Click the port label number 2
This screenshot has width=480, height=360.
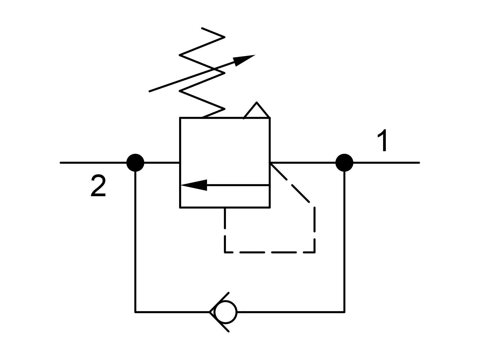tap(98, 185)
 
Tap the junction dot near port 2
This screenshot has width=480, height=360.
tap(135, 163)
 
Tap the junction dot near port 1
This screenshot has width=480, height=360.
tap(344, 163)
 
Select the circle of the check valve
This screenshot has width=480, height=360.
tap(226, 312)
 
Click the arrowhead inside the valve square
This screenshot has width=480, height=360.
tap(194, 185)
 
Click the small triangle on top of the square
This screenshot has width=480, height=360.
tap(256, 110)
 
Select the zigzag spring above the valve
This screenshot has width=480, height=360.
tap(202, 73)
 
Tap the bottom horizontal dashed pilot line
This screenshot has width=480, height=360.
tap(270, 253)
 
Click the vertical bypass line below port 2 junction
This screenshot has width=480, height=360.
tap(135, 241)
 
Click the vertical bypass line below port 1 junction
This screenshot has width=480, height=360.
tap(344, 241)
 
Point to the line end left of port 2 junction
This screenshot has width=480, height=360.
tap(61, 163)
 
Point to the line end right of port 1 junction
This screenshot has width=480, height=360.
tap(419, 163)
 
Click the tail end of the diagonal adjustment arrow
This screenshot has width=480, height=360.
tap(150, 91)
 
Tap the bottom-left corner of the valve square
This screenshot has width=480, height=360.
tap(180, 207)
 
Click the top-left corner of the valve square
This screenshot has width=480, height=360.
tap(180, 118)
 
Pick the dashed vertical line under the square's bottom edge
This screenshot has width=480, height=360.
tap(225, 230)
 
